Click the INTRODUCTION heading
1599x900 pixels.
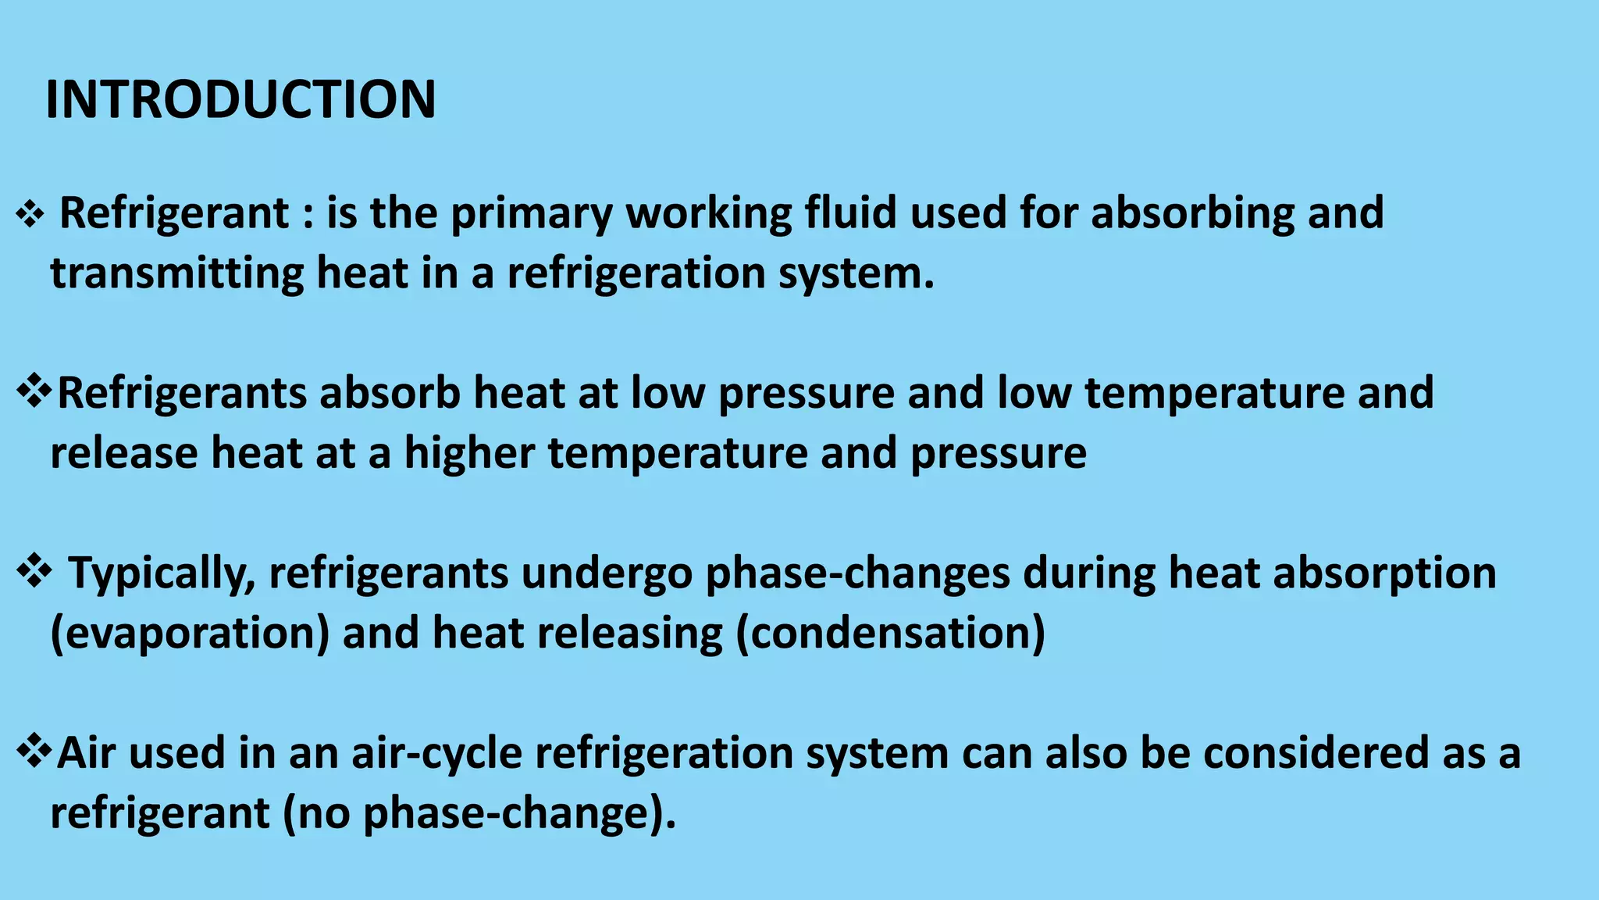[x=240, y=100]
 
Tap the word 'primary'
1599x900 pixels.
[x=532, y=213]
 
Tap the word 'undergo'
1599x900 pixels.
[x=607, y=573]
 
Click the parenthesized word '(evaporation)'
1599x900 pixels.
[x=190, y=634]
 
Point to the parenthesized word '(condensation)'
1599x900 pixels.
[x=890, y=634]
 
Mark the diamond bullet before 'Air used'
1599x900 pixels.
[x=34, y=752]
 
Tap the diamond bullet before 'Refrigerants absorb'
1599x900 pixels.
[x=34, y=391]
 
